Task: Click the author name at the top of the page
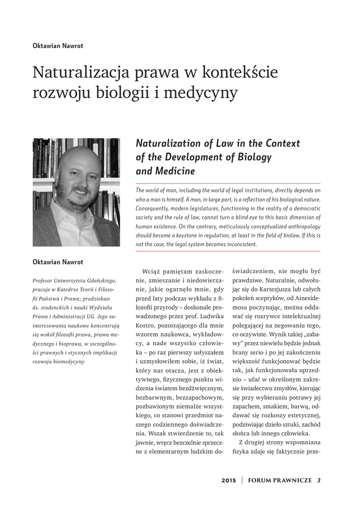pyautogui.click(x=58, y=46)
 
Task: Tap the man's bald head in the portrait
pyautogui.click(x=80, y=156)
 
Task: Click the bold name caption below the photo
pyautogui.click(x=58, y=262)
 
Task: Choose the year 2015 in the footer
pyautogui.click(x=228, y=480)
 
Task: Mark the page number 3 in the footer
pyautogui.click(x=318, y=480)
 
